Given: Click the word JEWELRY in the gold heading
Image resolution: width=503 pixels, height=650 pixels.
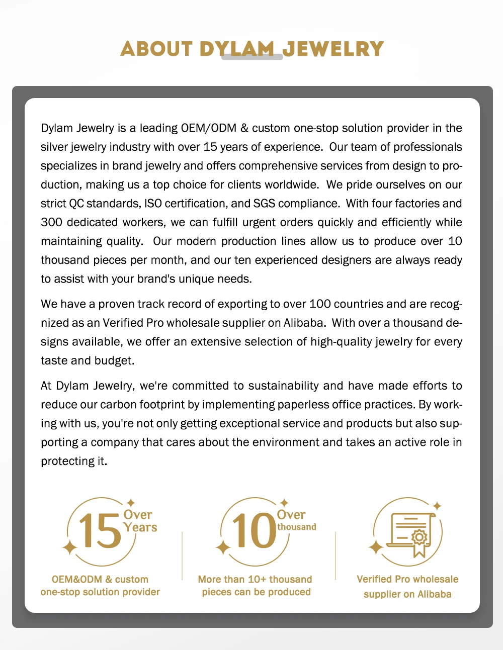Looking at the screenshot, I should (333, 49).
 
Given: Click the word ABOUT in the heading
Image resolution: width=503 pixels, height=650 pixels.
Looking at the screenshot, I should (156, 49).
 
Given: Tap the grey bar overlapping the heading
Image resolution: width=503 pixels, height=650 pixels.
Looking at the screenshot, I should (252, 57).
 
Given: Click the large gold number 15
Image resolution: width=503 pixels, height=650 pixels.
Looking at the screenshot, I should (100, 531).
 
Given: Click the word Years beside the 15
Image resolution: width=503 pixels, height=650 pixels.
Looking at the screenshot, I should (140, 527).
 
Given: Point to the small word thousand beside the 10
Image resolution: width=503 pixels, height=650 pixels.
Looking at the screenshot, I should (297, 527).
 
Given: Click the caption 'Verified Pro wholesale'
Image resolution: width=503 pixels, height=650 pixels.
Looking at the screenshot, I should (407, 579).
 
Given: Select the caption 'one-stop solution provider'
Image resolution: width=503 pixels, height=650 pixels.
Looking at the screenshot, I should (100, 592).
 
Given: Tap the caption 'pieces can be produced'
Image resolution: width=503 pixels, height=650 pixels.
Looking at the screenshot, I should (256, 592).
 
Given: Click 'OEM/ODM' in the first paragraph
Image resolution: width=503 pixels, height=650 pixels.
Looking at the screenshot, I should (208, 128).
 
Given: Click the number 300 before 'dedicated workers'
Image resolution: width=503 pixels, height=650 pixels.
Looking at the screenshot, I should (51, 222).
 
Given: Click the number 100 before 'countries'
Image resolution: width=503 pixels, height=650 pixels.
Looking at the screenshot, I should (320, 304).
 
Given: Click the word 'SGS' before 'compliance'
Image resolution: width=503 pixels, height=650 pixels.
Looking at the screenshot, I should (264, 204).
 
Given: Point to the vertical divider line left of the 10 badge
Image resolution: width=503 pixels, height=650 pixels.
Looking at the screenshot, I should (182, 555).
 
